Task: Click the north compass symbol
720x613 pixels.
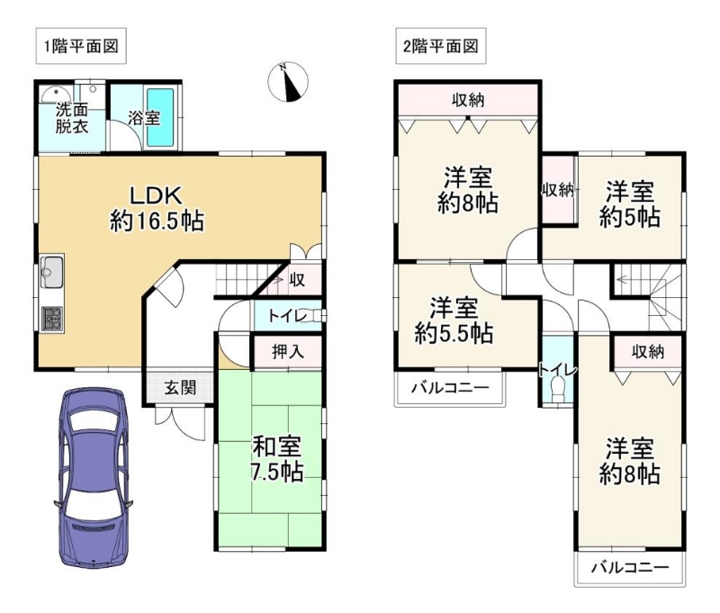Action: click(x=288, y=82)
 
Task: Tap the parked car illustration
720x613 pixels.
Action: click(x=94, y=478)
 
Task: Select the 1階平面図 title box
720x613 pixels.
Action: click(x=81, y=46)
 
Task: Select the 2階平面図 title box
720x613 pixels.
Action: click(x=441, y=46)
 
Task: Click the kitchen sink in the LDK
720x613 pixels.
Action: click(x=51, y=271)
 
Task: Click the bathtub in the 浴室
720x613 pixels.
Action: click(x=160, y=116)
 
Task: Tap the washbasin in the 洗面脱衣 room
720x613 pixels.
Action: click(x=54, y=95)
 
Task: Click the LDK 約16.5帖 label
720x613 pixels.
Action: click(x=157, y=209)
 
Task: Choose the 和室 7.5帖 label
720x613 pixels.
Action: click(x=277, y=459)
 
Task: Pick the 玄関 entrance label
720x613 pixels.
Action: click(x=181, y=388)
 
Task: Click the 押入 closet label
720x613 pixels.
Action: click(x=288, y=352)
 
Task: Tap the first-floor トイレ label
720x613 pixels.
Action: click(x=287, y=316)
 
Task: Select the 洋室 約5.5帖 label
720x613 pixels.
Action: click(x=454, y=320)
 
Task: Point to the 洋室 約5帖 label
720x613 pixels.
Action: click(x=630, y=205)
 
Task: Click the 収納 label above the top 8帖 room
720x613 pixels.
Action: click(x=468, y=100)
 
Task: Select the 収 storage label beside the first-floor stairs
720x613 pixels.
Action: click(x=297, y=279)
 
